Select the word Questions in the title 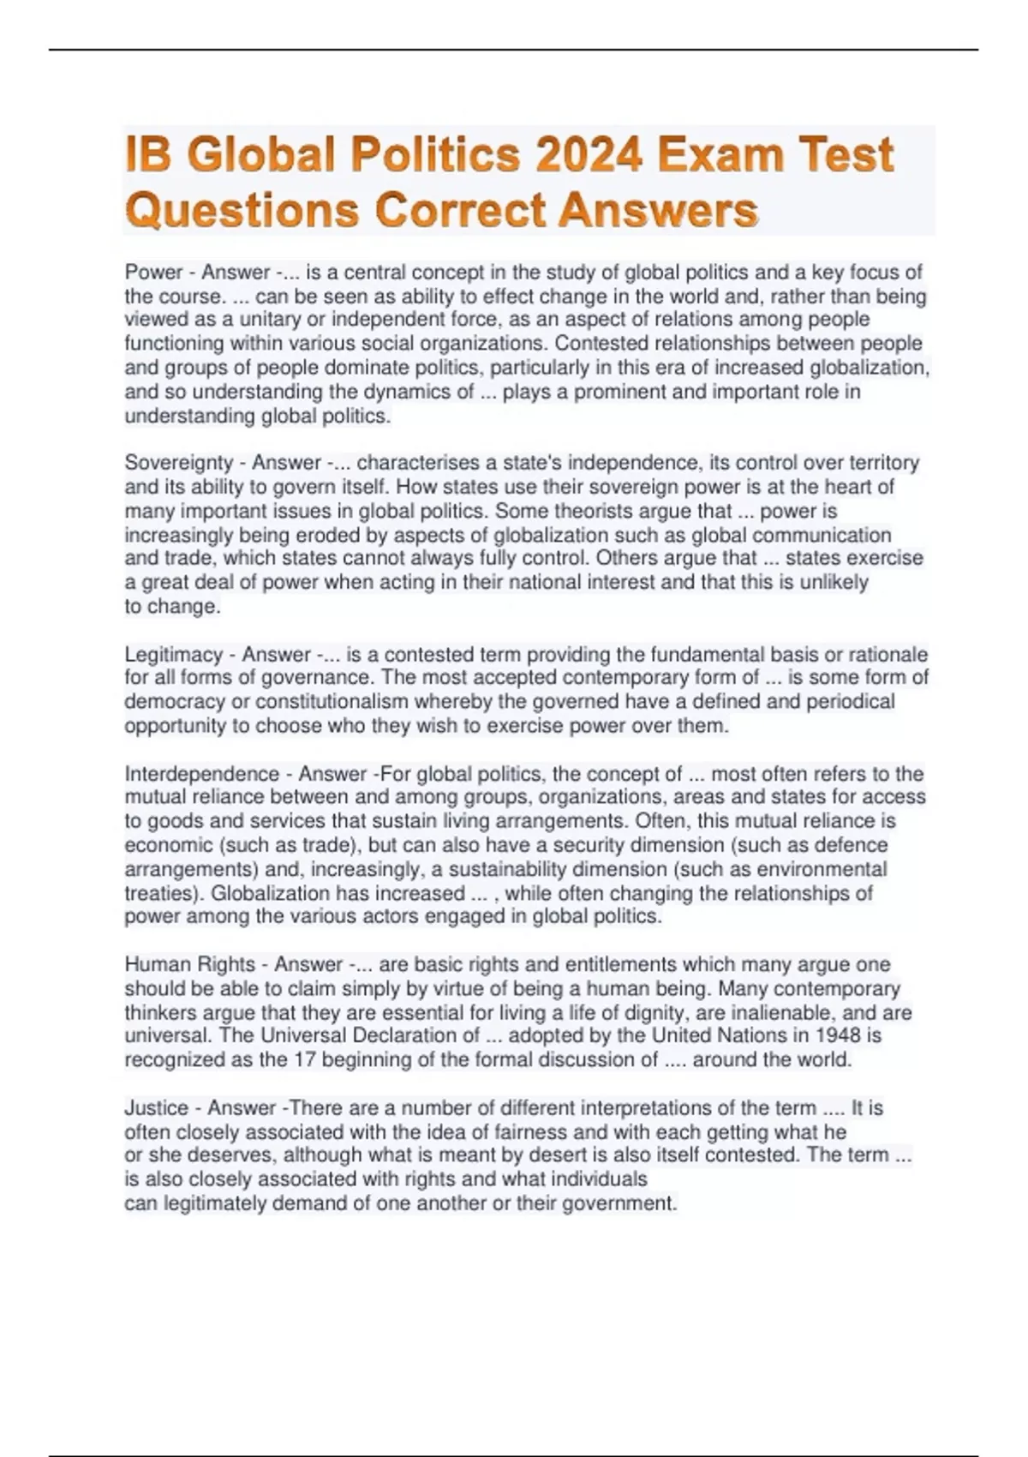(242, 210)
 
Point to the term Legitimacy (173, 655)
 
